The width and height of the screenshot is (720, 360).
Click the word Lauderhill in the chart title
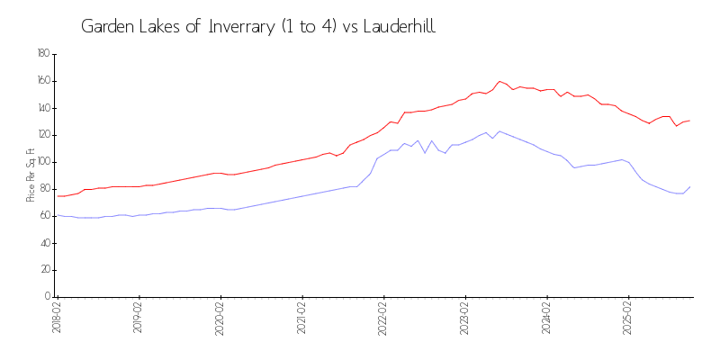[397, 26]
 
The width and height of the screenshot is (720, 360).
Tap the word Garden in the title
[107, 26]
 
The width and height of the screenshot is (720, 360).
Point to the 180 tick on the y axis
[43, 54]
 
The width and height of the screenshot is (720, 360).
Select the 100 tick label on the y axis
[43, 162]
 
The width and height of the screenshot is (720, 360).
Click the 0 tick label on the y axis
[47, 297]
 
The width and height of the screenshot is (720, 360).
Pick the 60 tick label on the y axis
[45, 216]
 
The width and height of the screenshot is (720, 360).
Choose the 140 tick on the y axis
[43, 108]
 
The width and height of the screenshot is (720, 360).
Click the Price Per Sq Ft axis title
[31, 175]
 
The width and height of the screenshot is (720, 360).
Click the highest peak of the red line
[499, 81]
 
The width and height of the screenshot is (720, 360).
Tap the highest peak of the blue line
[499, 131]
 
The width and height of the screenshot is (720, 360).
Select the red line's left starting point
[58, 196]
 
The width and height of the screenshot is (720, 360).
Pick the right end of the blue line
[690, 186]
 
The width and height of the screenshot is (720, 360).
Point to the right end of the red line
[690, 121]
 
